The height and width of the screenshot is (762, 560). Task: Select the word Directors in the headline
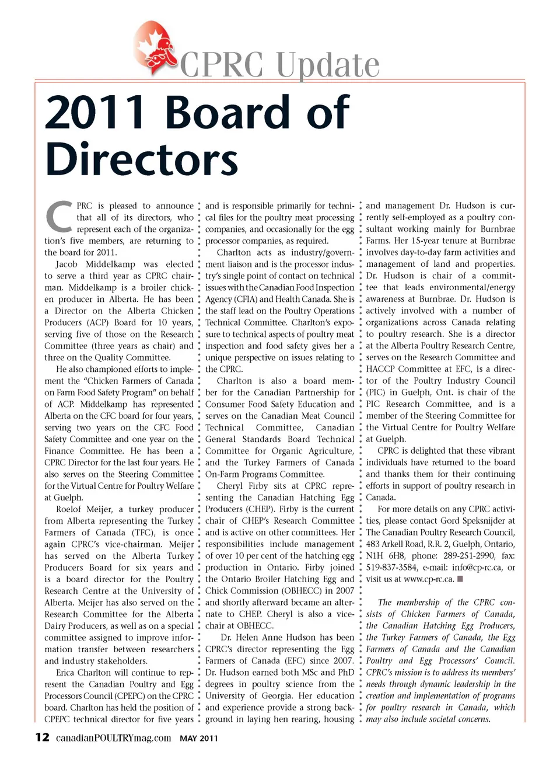click(x=141, y=159)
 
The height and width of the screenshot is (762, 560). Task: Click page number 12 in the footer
click(x=42, y=737)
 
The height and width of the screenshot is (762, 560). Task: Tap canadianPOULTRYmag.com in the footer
click(x=113, y=738)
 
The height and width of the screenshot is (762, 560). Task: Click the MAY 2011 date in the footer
click(x=198, y=739)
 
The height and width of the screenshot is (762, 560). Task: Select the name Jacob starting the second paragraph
click(x=67, y=264)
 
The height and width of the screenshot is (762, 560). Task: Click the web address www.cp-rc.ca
click(x=428, y=579)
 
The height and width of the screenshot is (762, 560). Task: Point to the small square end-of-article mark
click(x=460, y=579)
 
